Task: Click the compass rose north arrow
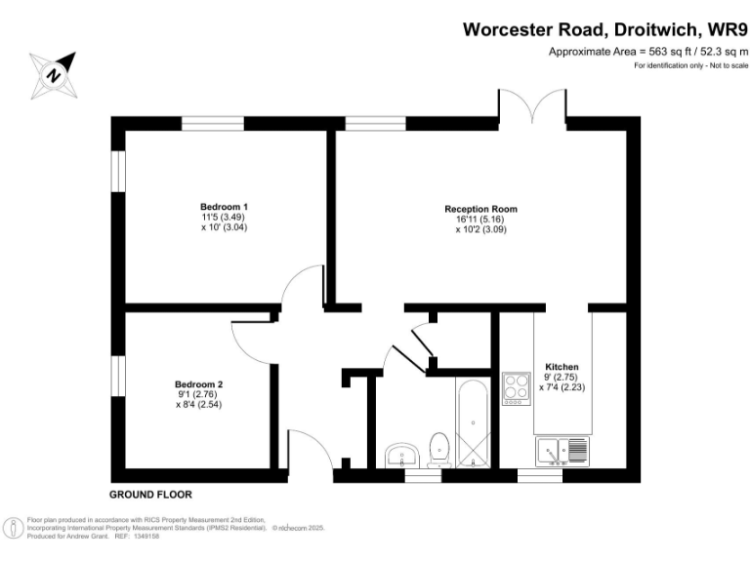tap(54, 74)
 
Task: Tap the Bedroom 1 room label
tap(224, 207)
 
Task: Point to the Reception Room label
tap(480, 209)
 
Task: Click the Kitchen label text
tap(562, 367)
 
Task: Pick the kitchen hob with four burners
tap(515, 389)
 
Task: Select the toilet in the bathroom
tap(439, 449)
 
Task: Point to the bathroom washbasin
tap(400, 455)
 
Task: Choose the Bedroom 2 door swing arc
tap(252, 340)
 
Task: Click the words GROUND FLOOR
tap(150, 495)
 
